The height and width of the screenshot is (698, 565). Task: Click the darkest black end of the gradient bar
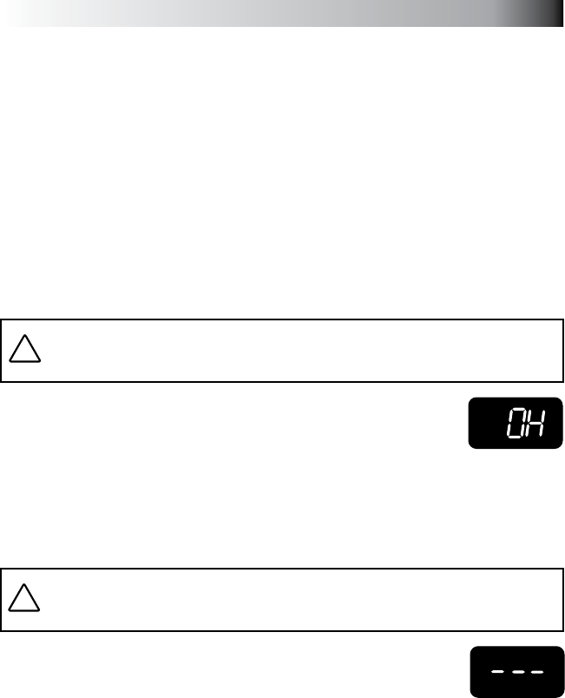(x=555, y=13)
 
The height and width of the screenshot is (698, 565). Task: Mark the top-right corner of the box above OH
(x=562, y=320)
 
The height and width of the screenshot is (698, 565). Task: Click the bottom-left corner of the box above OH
(x=2, y=381)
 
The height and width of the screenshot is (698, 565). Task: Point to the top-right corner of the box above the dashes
(x=562, y=570)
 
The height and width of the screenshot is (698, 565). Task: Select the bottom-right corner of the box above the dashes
(x=562, y=630)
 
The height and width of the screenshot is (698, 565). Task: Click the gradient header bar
(x=282, y=13)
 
